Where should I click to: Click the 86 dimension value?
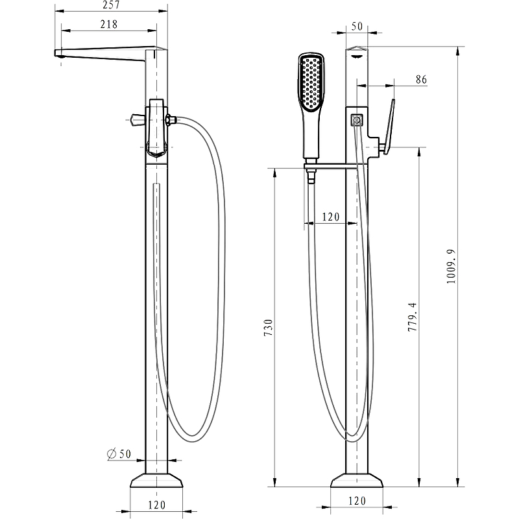pyautogui.click(x=420, y=79)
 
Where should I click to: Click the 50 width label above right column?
pyautogui.click(x=356, y=27)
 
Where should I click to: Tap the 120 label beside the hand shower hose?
pyautogui.click(x=330, y=217)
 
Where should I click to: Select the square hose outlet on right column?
pyautogui.click(x=356, y=120)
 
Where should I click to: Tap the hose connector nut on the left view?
pyautogui.click(x=171, y=119)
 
